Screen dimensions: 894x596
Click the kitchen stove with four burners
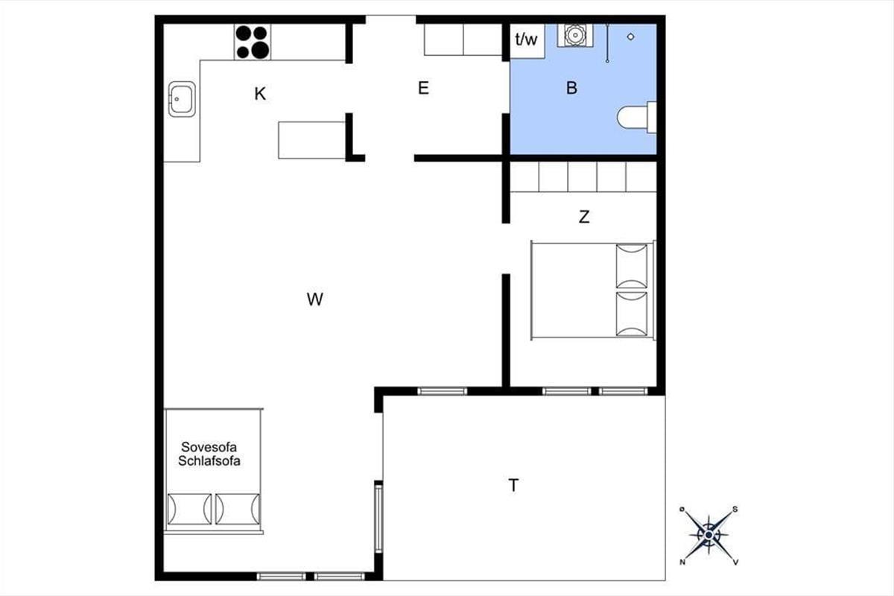[x=253, y=42]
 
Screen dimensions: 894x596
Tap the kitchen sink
[x=182, y=99]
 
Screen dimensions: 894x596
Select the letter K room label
[x=260, y=94]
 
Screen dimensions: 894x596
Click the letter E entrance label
[x=423, y=88]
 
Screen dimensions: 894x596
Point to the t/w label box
[x=527, y=41]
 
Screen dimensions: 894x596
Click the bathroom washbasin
[x=575, y=35]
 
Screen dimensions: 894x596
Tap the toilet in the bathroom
[x=637, y=118]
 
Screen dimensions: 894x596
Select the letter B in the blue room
[x=571, y=88]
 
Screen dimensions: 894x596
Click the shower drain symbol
[x=630, y=37]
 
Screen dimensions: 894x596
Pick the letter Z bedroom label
[x=584, y=217]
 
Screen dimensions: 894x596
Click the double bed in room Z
[x=593, y=291]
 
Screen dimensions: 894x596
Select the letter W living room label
[x=315, y=299]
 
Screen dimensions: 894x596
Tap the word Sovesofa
[x=209, y=447]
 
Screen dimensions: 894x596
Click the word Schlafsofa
[x=209, y=461]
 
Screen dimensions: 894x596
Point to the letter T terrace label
[x=513, y=486]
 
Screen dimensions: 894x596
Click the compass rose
[x=708, y=535]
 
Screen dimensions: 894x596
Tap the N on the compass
[x=682, y=562]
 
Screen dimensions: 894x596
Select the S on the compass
[x=735, y=510]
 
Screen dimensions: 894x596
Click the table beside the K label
[x=311, y=140]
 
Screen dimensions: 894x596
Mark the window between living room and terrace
[x=378, y=517]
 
